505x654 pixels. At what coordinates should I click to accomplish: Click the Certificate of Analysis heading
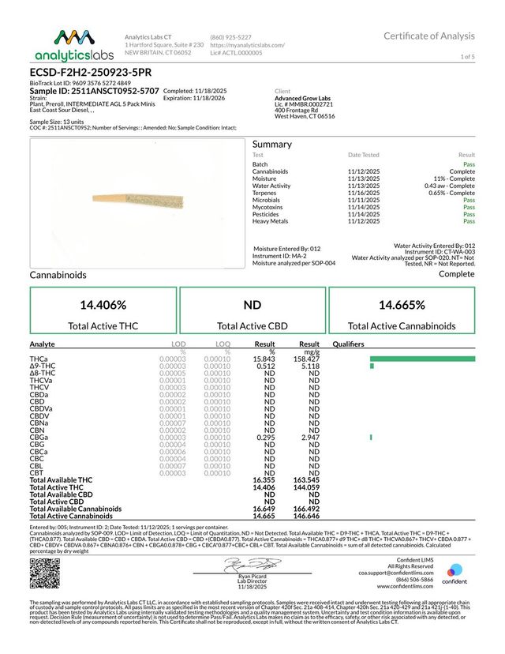tap(429, 36)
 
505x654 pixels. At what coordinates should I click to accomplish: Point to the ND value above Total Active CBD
tap(252, 305)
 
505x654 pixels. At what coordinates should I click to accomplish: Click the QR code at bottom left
tap(44, 573)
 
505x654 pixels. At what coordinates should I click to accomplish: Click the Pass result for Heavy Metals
tap(469, 221)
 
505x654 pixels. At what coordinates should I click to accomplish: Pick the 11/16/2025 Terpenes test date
tap(363, 193)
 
